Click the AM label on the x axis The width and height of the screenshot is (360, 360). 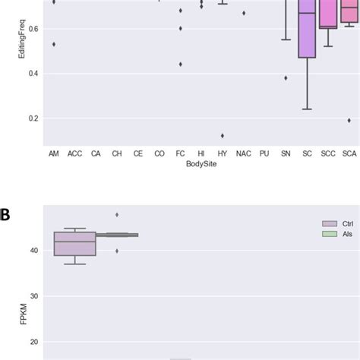pyautogui.click(x=53, y=153)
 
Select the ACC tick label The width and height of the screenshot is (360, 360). pyautogui.click(x=74, y=153)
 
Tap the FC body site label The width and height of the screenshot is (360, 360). pyautogui.click(x=180, y=153)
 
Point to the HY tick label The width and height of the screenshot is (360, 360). pyautogui.click(x=223, y=153)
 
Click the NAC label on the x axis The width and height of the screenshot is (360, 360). pyautogui.click(x=244, y=153)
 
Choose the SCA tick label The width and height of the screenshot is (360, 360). pyautogui.click(x=349, y=153)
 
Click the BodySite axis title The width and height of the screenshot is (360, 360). pyautogui.click(x=201, y=164)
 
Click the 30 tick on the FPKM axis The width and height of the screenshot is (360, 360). pyautogui.click(x=33, y=296)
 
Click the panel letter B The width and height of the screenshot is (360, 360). pyautogui.click(x=6, y=215)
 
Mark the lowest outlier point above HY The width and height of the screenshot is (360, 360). pyautogui.click(x=223, y=135)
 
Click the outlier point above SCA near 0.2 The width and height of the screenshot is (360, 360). pyautogui.click(x=349, y=120)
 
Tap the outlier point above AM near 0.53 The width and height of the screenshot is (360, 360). pyautogui.click(x=53, y=44)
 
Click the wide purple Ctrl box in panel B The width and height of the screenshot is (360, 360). pyautogui.click(x=74, y=243)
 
